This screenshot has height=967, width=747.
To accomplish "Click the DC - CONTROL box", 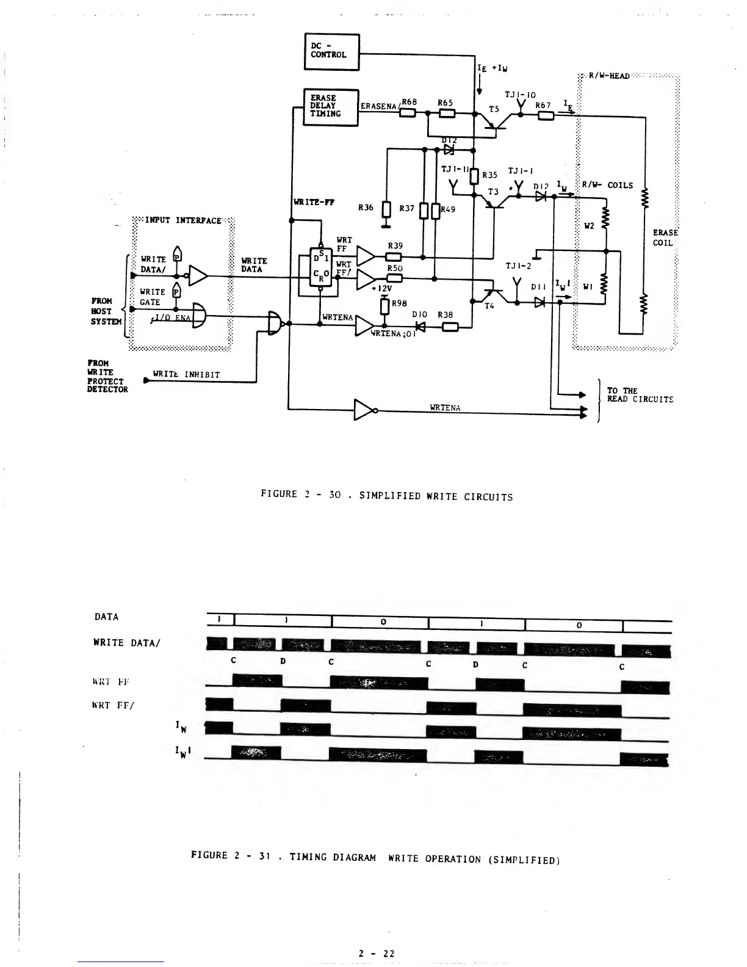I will pos(331,51).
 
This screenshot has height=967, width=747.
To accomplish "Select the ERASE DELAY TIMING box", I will pos(330,107).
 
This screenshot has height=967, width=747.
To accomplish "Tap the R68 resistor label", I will pos(408,102).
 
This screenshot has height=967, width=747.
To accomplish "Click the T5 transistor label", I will pos(494,109).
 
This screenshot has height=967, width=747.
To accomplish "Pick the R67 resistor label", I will pos(543,105).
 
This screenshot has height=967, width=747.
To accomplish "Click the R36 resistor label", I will pos(366,208).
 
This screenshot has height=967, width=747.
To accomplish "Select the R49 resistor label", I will pos(448,209).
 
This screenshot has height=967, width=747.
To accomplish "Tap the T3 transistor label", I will pos(493,192).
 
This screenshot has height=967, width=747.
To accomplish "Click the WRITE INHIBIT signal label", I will pos(186,374).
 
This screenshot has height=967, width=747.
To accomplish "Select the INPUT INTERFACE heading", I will pos(183,220).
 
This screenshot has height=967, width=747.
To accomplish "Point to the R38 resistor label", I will pos(446,315).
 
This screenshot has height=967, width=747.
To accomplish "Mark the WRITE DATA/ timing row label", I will pos(126,642).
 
